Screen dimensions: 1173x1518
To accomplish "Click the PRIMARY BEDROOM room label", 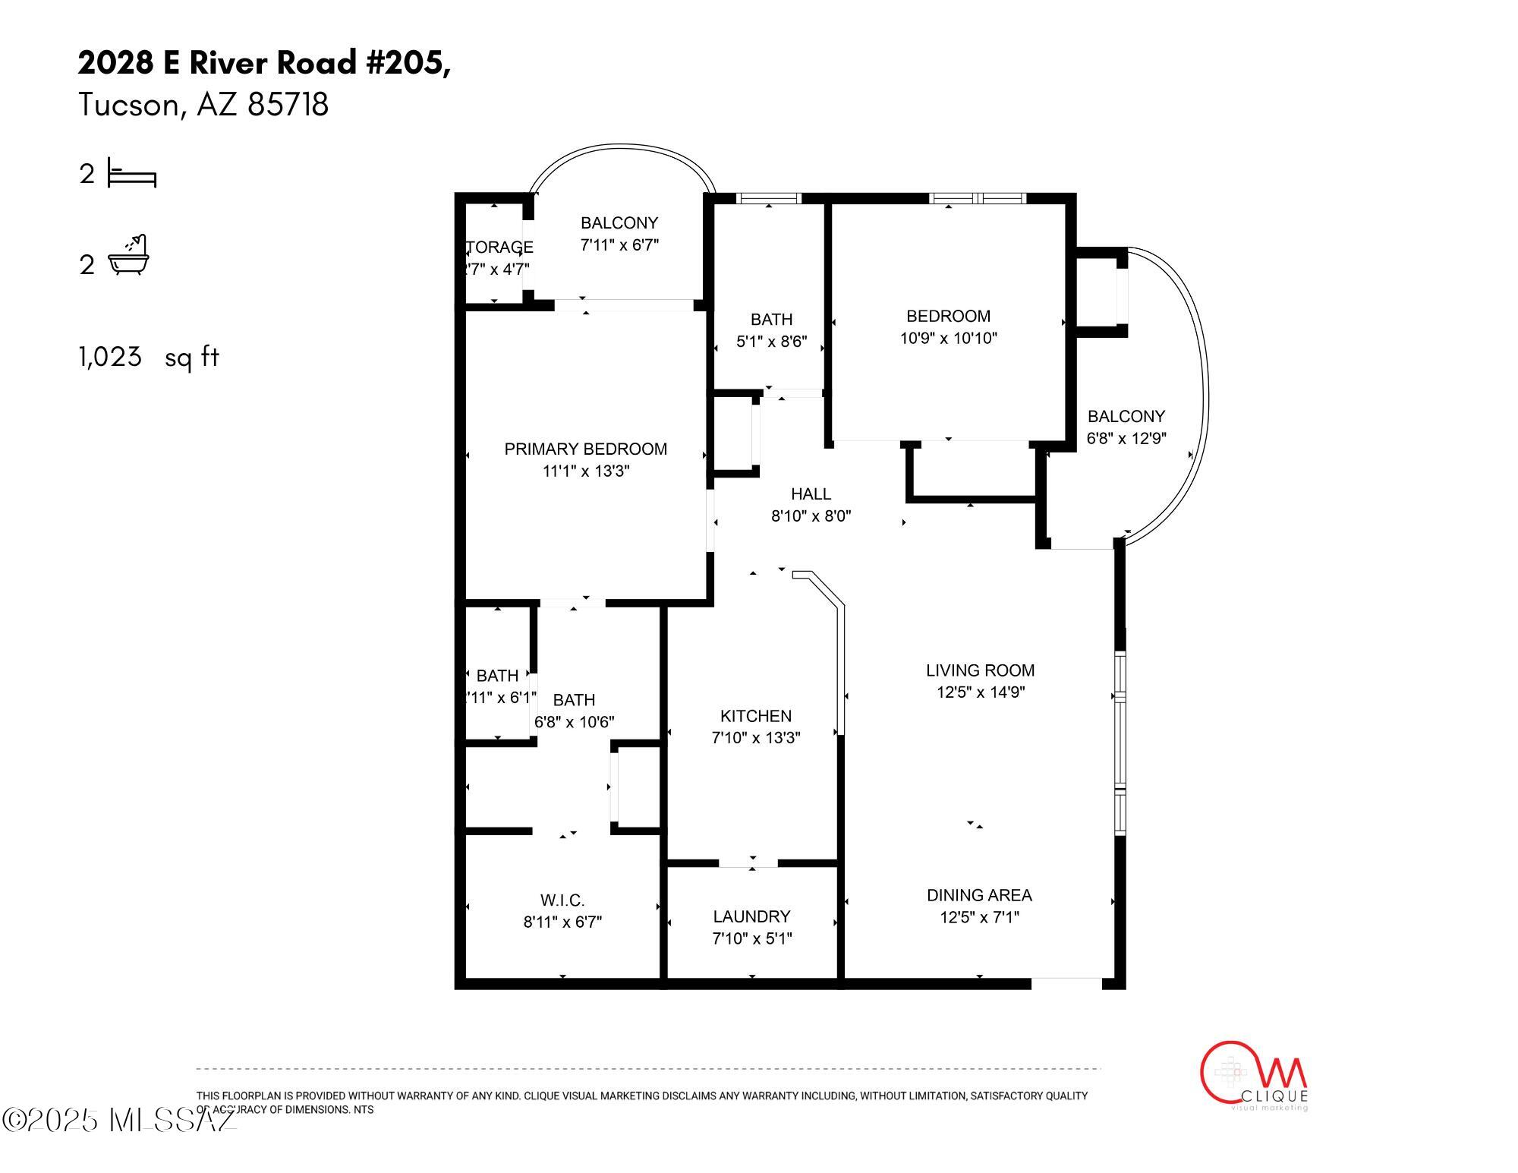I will [585, 449].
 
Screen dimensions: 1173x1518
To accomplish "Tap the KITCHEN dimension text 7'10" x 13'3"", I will [755, 737].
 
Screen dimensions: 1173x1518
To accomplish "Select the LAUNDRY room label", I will [751, 916].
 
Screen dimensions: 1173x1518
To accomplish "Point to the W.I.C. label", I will [562, 900].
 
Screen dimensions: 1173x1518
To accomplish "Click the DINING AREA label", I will [979, 895].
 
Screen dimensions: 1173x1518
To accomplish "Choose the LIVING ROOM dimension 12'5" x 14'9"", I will [980, 692].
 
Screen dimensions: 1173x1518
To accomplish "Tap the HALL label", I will [811, 494].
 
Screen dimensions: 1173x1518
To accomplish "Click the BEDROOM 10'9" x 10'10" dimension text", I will [948, 338].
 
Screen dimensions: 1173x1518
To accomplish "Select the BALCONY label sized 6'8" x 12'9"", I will [1126, 416].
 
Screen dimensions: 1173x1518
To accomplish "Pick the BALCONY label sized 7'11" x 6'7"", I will [619, 222].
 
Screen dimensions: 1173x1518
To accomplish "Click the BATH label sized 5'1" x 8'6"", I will [771, 320].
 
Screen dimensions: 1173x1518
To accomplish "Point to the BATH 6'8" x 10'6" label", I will [574, 700].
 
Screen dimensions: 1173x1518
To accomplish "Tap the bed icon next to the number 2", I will [132, 173].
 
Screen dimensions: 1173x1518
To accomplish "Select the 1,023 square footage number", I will [110, 356].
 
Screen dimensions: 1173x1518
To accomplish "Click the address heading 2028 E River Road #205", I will [263, 63].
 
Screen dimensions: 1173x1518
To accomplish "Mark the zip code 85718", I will [288, 105].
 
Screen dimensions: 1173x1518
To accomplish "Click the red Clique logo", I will [1252, 1074].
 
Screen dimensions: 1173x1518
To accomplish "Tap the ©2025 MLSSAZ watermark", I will [118, 1120].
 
